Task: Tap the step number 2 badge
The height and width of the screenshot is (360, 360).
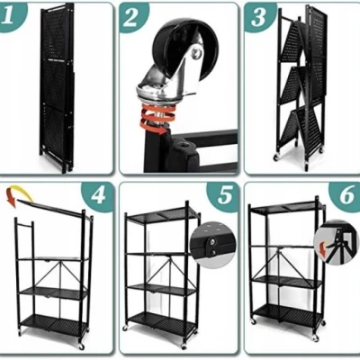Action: point(131,16)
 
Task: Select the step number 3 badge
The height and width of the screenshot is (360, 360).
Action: point(258,16)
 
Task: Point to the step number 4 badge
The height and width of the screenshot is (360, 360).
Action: point(98,195)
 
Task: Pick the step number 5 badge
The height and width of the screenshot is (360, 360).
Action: point(224,195)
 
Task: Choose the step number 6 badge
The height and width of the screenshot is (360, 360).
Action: point(346,195)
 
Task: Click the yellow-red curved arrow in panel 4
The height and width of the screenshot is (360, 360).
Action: point(17,193)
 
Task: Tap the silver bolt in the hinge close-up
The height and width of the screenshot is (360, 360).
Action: point(212,240)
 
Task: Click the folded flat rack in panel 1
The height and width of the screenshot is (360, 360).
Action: point(57,87)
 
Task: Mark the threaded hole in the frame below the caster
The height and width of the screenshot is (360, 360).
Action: point(183,147)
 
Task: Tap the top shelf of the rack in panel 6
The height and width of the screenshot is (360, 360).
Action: point(287,208)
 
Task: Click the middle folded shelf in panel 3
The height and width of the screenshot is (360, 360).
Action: point(293,86)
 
